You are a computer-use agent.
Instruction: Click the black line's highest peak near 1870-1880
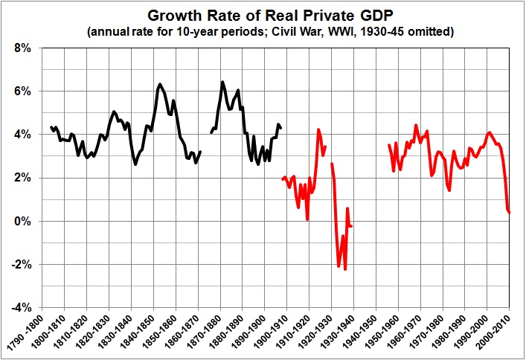click(222, 82)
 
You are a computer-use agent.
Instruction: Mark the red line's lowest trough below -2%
click(345, 269)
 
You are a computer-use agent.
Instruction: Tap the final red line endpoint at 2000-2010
click(510, 213)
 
